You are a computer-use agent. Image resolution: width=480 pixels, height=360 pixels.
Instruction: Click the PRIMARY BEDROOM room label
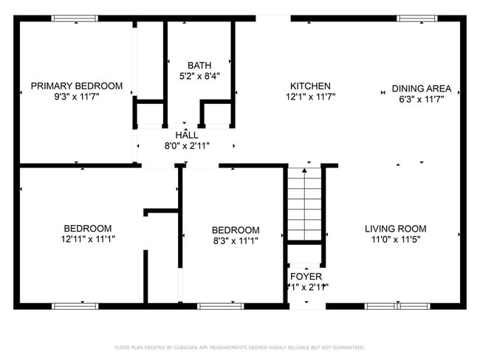point(77,86)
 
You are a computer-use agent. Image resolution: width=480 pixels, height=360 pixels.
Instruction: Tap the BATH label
point(199,66)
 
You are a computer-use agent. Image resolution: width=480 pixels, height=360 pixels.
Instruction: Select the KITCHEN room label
point(310,86)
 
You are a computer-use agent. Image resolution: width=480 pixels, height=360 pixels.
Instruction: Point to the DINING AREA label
point(421,89)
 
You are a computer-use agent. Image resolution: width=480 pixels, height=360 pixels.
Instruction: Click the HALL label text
point(187,135)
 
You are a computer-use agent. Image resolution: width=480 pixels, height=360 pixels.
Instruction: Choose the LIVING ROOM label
point(395,229)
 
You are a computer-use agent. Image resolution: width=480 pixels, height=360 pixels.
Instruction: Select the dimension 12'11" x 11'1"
point(88,239)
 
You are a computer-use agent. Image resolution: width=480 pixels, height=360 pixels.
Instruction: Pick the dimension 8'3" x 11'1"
point(236,240)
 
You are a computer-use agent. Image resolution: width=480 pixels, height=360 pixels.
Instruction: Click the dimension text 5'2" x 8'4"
point(199,76)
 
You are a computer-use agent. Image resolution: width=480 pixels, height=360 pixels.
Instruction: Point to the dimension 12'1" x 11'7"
point(311,97)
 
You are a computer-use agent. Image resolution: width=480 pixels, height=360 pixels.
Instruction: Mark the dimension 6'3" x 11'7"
point(421,99)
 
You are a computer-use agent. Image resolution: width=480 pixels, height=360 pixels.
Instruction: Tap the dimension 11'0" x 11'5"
point(395,239)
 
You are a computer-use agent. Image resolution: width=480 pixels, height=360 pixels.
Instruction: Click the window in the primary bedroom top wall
point(75,18)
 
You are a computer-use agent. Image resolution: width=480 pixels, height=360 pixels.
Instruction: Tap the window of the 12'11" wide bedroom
point(75,305)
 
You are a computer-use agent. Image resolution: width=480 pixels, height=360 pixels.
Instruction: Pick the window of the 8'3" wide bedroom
point(221,305)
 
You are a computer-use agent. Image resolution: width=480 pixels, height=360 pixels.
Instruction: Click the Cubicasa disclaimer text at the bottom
point(239,347)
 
